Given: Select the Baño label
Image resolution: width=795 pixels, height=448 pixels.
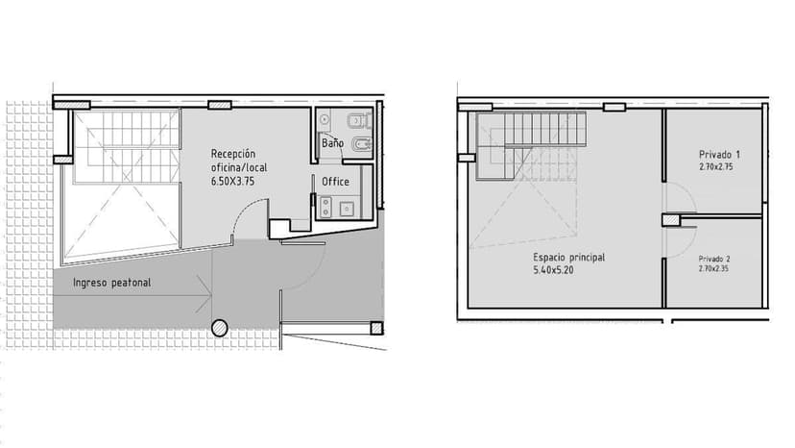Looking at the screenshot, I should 332,143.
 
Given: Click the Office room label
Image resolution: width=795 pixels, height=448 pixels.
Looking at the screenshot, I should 335,182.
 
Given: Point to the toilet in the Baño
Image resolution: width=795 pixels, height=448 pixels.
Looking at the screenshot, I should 360,120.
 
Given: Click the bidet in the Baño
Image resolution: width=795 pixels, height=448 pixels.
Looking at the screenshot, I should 360,145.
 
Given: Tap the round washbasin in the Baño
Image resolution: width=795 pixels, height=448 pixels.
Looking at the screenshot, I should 325,121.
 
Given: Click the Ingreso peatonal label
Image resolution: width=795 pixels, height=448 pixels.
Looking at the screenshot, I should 112,283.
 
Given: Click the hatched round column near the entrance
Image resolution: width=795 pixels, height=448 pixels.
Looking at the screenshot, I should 220,328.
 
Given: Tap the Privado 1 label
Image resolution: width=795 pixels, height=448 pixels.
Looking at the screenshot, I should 718,154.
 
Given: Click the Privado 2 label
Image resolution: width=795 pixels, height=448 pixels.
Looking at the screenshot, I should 716,259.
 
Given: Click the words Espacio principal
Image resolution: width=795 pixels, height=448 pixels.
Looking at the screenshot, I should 569,258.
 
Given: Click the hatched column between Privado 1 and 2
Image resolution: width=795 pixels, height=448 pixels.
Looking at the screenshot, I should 670,220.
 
